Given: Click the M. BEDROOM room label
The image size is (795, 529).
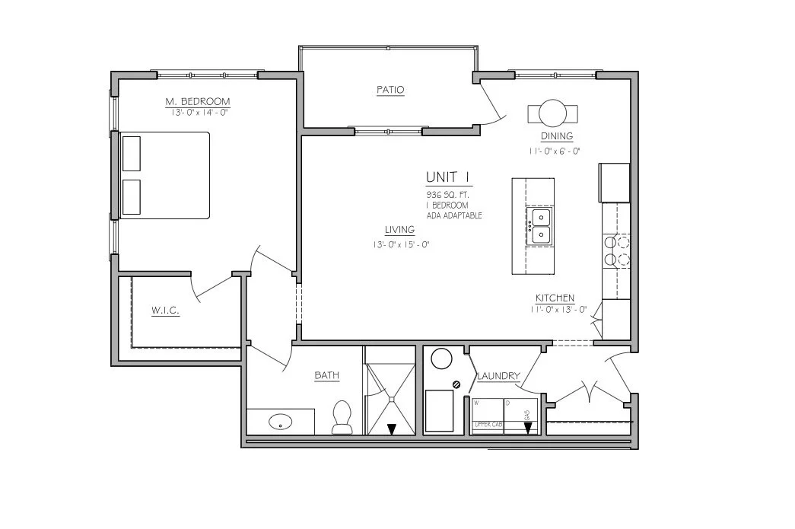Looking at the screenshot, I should [x=198, y=101].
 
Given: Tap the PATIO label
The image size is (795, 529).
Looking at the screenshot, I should [x=390, y=90].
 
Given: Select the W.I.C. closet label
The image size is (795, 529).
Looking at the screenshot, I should [x=165, y=311].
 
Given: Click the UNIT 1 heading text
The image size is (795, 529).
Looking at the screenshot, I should [x=448, y=178].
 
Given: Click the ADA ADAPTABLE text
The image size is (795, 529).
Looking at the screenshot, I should [x=454, y=216].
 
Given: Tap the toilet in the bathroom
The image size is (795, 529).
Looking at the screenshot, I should [x=342, y=418].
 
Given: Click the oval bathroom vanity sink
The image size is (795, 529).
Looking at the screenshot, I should [x=281, y=420].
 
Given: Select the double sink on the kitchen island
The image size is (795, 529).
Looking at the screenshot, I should [x=539, y=226].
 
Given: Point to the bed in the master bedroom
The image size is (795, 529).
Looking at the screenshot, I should [x=165, y=175].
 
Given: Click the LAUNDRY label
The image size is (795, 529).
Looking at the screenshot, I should [x=498, y=376].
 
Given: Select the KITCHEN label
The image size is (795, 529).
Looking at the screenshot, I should [x=555, y=298].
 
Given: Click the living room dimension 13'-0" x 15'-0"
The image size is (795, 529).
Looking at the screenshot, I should [x=400, y=244].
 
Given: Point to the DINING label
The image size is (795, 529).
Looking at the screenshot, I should [x=557, y=136].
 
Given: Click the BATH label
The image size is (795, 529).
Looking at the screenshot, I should [x=327, y=375].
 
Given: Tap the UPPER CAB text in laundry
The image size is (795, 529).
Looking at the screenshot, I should [x=487, y=423].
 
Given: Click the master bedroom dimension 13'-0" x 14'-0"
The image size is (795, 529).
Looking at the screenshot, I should [x=198, y=112].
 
